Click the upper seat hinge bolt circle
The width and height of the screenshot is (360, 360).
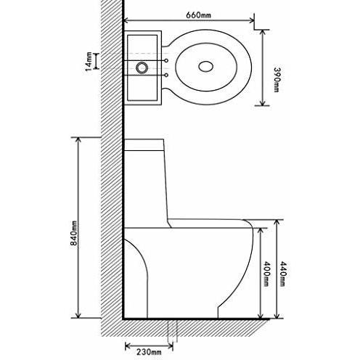pos(168,61)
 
